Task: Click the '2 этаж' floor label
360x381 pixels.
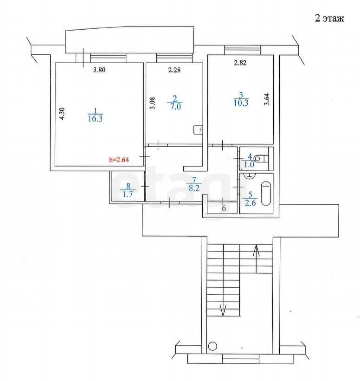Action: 329,18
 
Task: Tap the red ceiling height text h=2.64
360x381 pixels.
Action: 119,160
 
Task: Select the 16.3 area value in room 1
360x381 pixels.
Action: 96,119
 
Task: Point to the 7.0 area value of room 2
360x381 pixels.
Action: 175,106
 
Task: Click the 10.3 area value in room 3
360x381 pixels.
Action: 241,103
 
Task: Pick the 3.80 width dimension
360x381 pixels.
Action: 99,70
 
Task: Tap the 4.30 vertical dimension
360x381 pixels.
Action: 62,113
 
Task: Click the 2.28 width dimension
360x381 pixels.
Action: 174,70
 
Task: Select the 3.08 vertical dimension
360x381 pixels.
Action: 152,103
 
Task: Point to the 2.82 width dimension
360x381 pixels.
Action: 240,63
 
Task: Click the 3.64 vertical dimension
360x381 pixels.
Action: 267,99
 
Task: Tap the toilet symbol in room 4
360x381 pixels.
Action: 261,159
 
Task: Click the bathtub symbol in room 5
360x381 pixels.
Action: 266,194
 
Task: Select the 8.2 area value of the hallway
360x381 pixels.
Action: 194,188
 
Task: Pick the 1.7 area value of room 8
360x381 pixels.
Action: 128,194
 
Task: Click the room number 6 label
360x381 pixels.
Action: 224,208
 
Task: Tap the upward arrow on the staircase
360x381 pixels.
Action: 256,259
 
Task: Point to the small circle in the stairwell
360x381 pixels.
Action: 212,346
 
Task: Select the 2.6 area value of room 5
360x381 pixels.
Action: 250,203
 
